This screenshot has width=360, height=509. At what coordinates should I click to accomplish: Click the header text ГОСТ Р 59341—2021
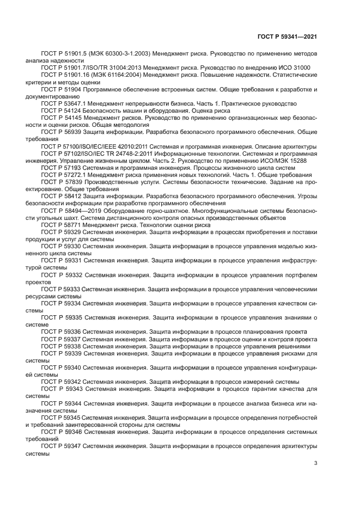coord(287,36)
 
